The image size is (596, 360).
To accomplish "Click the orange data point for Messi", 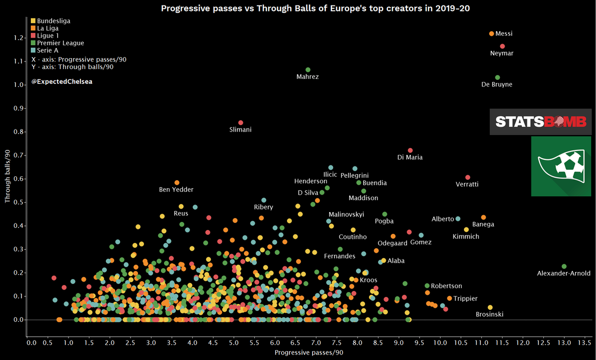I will click(492, 34).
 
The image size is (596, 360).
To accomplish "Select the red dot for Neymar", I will click(503, 46).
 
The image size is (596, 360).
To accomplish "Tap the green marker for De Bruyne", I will click(497, 77).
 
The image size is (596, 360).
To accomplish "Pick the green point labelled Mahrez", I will click(308, 70).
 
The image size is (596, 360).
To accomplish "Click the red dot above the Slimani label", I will click(241, 123).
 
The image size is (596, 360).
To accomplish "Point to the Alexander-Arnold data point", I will click(564, 267).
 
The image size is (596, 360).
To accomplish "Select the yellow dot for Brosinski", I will click(490, 307).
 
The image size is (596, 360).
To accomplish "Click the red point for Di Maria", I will click(410, 150).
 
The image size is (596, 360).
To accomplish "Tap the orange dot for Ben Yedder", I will click(177, 183).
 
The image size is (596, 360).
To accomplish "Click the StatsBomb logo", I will click(540, 122).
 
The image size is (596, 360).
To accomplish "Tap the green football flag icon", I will click(560, 166).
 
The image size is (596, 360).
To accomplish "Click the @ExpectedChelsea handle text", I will click(62, 81).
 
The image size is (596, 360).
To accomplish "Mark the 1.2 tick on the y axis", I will click(18, 38).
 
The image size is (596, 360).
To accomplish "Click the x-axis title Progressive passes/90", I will click(308, 353).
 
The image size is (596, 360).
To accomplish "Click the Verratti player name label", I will click(467, 184).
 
